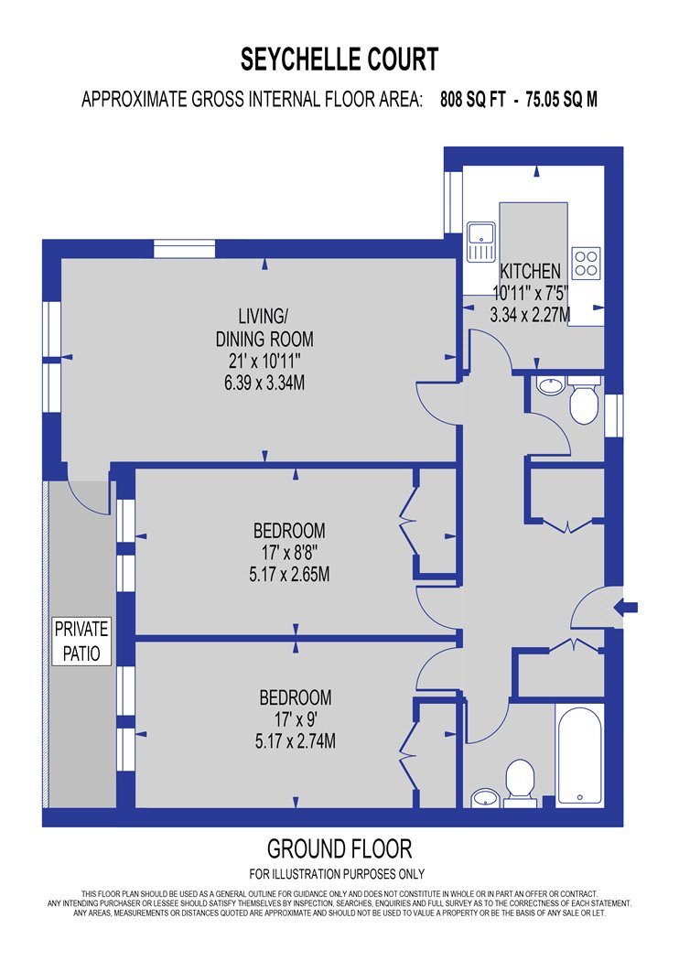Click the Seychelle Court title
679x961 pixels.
[x=339, y=59]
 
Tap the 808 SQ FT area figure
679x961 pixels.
[x=472, y=99]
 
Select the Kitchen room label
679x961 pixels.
[x=530, y=271]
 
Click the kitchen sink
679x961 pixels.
[x=480, y=242]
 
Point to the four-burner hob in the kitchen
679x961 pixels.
[x=586, y=263]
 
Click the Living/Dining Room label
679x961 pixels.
[x=264, y=328]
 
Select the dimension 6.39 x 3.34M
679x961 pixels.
[x=264, y=383]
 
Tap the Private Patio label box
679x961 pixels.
[x=81, y=641]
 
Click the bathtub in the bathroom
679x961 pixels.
[x=580, y=755]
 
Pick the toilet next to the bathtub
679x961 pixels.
[x=521, y=783]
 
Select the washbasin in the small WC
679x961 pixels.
[x=550, y=385]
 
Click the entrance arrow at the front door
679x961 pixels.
[x=626, y=608]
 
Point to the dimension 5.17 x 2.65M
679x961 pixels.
[x=289, y=575]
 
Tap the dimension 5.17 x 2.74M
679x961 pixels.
[x=296, y=741]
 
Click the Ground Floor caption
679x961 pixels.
[x=339, y=848]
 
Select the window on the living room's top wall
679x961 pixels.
[x=184, y=249]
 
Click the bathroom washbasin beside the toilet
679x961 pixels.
[x=487, y=798]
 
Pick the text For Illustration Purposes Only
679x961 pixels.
[x=337, y=874]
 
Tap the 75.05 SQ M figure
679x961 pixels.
[x=561, y=99]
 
